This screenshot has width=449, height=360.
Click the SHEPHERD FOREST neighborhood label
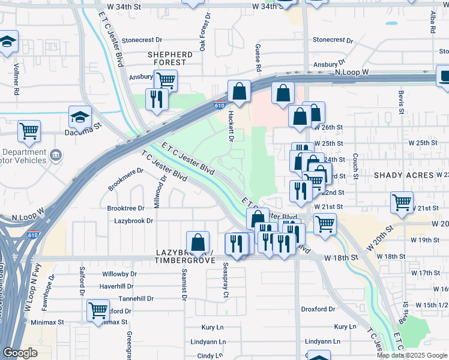point(170,59)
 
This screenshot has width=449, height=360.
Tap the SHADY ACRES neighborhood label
point(403,175)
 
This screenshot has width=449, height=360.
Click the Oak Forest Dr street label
point(203,31)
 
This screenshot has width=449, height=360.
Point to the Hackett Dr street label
point(229,126)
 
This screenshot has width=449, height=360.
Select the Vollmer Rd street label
point(17,79)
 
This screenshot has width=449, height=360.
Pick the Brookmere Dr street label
point(125,179)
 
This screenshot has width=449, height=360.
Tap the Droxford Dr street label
point(318,309)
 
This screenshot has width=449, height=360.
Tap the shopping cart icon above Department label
point(29,130)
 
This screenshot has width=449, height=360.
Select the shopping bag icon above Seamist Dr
point(197,242)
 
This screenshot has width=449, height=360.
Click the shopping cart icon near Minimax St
point(98,310)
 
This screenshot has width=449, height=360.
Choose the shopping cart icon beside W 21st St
point(402,202)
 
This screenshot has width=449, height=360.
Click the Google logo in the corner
point(20,353)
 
